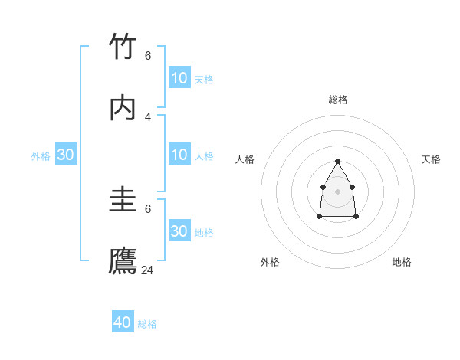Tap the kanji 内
point(123,108)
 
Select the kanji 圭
point(123,201)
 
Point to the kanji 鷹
point(123,261)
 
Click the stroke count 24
point(148,270)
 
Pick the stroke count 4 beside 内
point(148,116)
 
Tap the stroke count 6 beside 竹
point(148,55)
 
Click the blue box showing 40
point(123,322)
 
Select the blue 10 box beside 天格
point(179,78)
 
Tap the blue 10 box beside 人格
point(179,155)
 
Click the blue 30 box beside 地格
point(179,231)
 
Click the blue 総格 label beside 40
point(147,324)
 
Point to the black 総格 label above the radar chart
point(338,100)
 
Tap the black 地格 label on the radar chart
point(402,262)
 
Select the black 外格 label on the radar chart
point(270,262)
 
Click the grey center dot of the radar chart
point(337,191)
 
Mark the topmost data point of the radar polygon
point(337,161)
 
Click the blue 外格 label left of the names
point(41,156)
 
